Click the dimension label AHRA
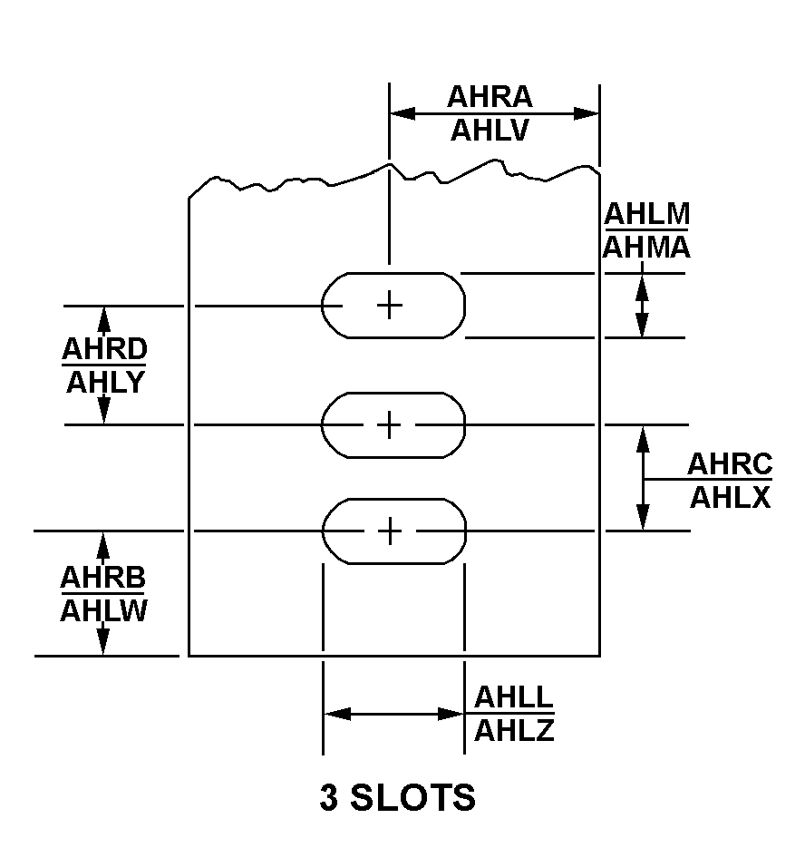point(490,97)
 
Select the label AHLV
point(490,131)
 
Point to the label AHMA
point(646,247)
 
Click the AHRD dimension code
point(104,349)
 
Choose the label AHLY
point(105,382)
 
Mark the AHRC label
point(730,463)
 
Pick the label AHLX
point(730,497)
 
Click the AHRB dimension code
point(102,578)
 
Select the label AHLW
point(103,610)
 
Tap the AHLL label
point(514,697)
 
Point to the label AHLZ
point(514,730)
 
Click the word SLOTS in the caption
point(413,797)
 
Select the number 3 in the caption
point(328,797)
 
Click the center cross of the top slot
point(390,306)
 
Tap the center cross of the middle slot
point(390,424)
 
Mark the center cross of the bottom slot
point(391,531)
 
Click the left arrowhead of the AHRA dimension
point(402,114)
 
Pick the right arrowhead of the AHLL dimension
point(450,714)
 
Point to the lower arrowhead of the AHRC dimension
point(643,517)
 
